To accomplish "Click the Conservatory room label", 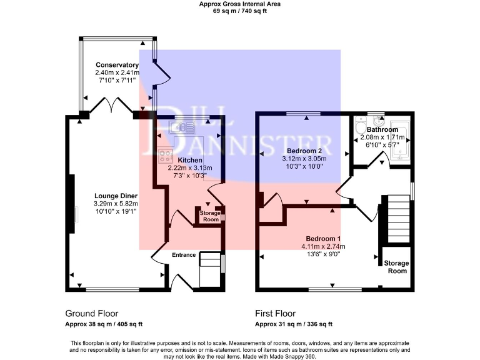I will click(x=117, y=65).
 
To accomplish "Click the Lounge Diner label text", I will click(x=116, y=195).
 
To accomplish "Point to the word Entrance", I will click(x=184, y=255).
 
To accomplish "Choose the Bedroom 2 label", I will click(x=304, y=151).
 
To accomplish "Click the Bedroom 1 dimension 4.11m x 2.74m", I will click(x=322, y=246).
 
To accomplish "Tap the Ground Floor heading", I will click(x=91, y=313).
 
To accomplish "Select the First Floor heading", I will click(x=275, y=313).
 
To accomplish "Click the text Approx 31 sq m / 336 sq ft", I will click(x=293, y=324).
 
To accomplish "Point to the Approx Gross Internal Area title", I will click(x=239, y=4).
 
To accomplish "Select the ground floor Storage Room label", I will click(x=209, y=216).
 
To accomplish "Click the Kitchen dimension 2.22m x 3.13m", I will click(x=190, y=168).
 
